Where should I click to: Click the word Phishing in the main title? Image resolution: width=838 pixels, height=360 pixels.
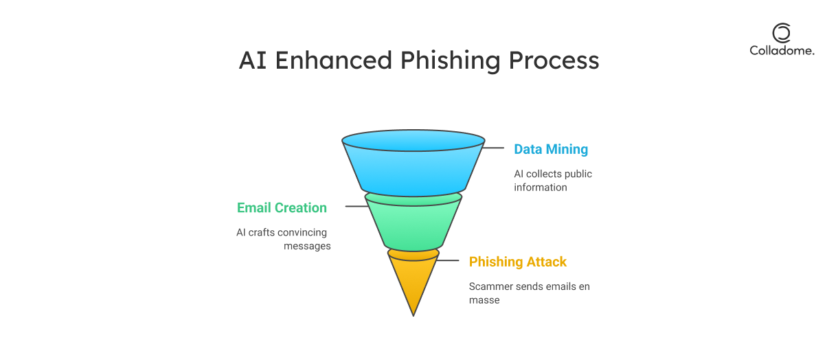pyautogui.click(x=450, y=60)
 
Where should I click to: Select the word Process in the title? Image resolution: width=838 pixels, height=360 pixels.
pyautogui.click(x=554, y=60)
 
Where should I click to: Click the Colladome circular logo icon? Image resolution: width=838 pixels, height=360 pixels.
pyautogui.click(x=782, y=33)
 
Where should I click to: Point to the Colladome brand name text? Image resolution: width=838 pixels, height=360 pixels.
pyautogui.click(x=782, y=50)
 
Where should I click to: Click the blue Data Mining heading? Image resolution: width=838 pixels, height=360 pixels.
pyautogui.click(x=551, y=149)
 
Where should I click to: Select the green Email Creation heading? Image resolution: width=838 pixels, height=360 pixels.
pyautogui.click(x=282, y=207)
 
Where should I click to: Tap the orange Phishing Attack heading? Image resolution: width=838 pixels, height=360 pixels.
pyautogui.click(x=517, y=262)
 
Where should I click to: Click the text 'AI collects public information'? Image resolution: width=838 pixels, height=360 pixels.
pyautogui.click(x=552, y=181)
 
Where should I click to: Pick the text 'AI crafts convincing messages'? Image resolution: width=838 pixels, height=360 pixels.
pyautogui.click(x=284, y=239)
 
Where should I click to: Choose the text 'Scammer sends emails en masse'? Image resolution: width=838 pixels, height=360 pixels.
pyautogui.click(x=529, y=293)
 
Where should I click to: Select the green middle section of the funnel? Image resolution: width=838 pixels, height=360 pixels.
pyautogui.click(x=413, y=223)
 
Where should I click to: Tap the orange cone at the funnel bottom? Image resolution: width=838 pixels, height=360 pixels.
pyautogui.click(x=413, y=278)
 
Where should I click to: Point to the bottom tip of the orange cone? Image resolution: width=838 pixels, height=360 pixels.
pyautogui.click(x=414, y=315)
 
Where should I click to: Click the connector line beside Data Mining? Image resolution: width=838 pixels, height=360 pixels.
pyautogui.click(x=492, y=148)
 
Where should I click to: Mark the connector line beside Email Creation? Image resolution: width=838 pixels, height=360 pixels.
pyautogui.click(x=356, y=206)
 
